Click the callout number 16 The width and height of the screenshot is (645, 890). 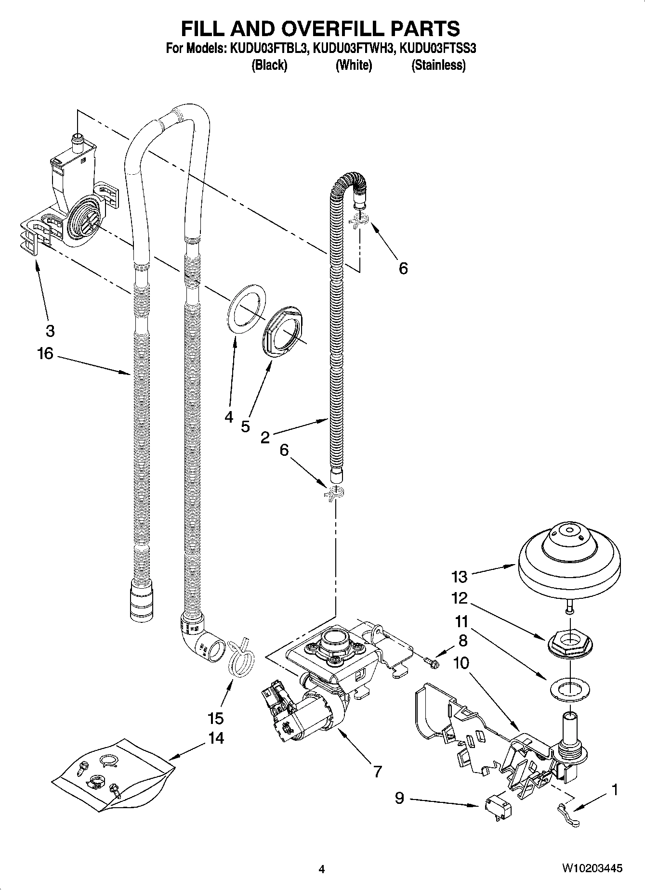[x=45, y=354]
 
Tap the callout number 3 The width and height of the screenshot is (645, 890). [x=50, y=331]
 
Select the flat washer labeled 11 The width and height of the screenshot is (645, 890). [x=569, y=688]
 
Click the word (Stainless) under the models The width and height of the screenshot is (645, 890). [x=438, y=65]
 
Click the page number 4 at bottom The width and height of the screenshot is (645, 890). [x=322, y=869]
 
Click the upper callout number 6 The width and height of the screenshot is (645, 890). [x=403, y=268]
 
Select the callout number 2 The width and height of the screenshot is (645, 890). [x=265, y=438]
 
